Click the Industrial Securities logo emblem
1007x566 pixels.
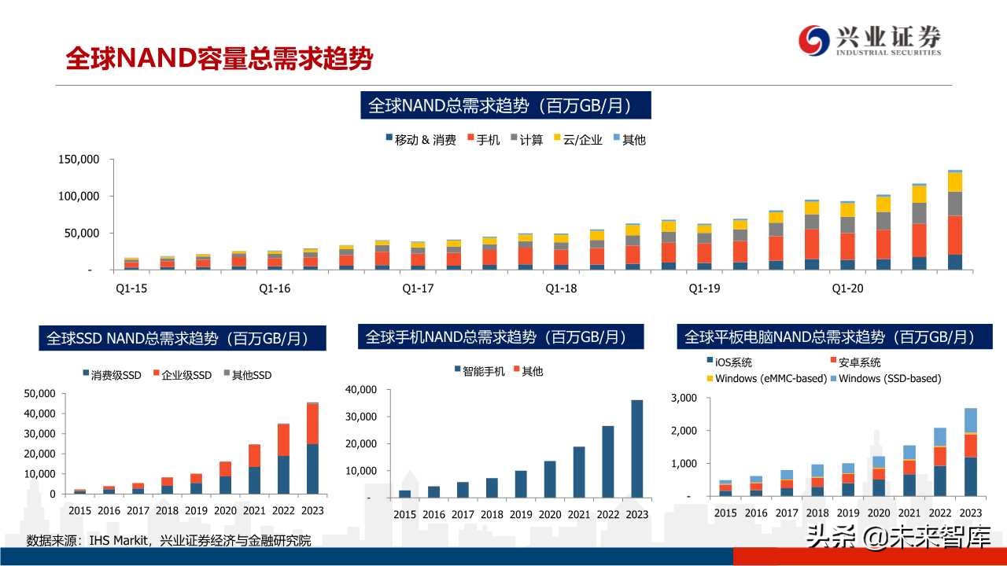(814, 40)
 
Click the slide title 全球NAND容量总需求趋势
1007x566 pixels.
(219, 59)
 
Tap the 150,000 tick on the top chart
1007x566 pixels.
(79, 160)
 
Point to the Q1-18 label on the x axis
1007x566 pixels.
(561, 289)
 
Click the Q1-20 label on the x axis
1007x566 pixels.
(847, 289)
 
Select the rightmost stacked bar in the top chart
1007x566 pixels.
(954, 220)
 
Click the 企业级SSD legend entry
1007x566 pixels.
(182, 375)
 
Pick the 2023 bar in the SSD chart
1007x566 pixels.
(312, 448)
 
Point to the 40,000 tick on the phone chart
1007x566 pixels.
(361, 389)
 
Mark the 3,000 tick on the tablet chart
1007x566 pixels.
(683, 398)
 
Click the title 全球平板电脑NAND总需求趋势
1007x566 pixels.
(830, 337)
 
